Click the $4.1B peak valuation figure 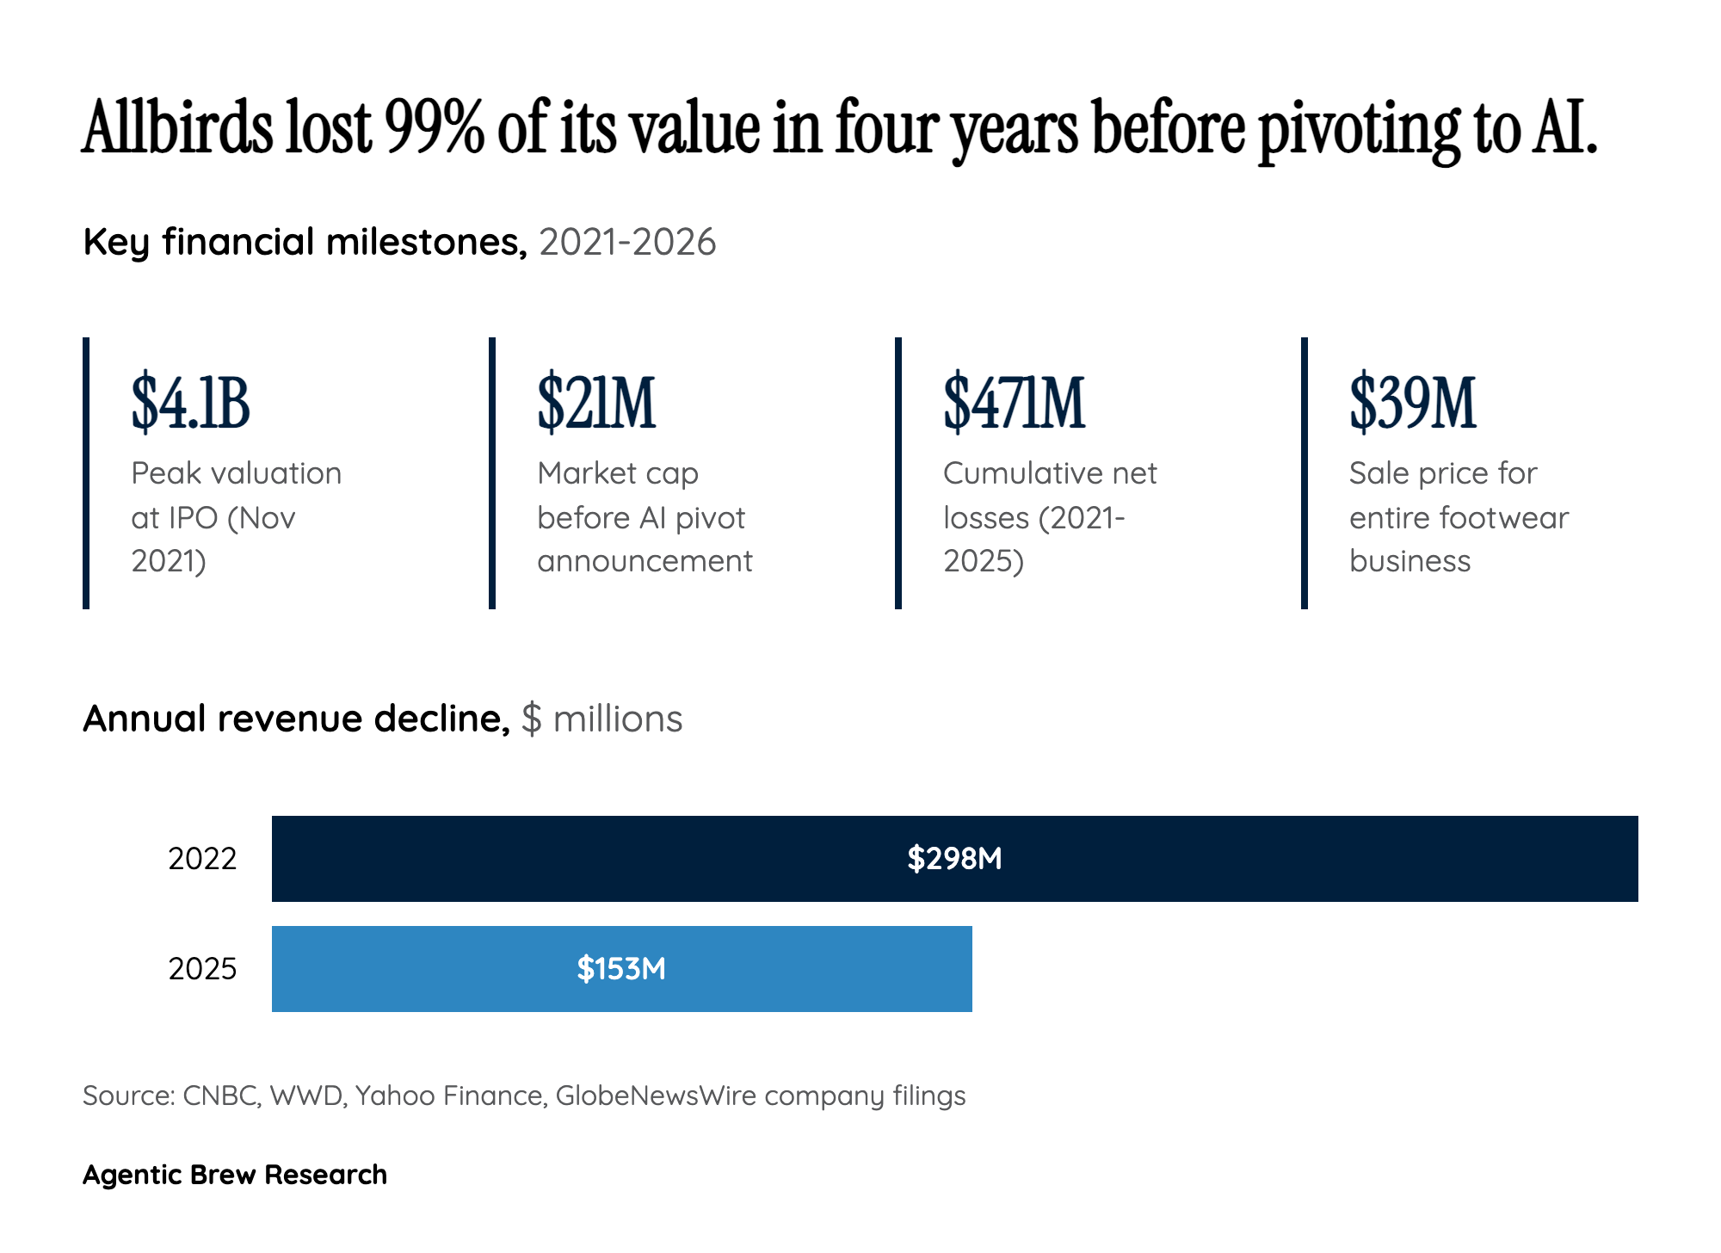(190, 402)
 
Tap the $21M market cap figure (596, 402)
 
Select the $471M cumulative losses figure (1014, 402)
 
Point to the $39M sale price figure (1412, 402)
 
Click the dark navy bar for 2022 (1291, 859)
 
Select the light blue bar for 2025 (817, 969)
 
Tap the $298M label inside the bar (954, 859)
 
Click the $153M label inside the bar (621, 969)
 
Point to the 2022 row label (202, 859)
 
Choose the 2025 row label (202, 969)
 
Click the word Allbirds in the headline (177, 127)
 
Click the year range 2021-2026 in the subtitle (627, 242)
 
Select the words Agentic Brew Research (234, 1175)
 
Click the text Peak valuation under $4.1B (236, 473)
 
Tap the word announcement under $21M (645, 561)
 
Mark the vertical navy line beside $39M (1305, 473)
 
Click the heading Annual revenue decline (296, 719)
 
